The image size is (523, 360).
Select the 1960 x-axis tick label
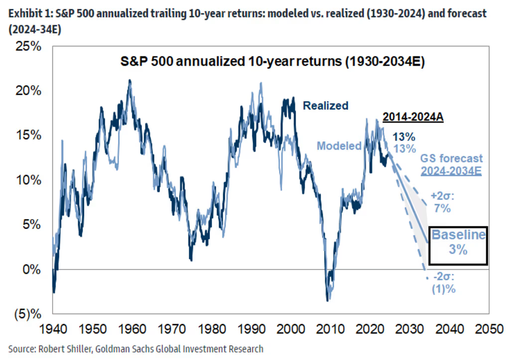pos(129,330)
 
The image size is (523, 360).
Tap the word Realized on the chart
pos(326,106)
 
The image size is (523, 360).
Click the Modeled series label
pos(339,146)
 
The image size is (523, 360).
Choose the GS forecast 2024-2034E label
pos(451,164)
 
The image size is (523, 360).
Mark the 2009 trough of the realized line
pos(327,300)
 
